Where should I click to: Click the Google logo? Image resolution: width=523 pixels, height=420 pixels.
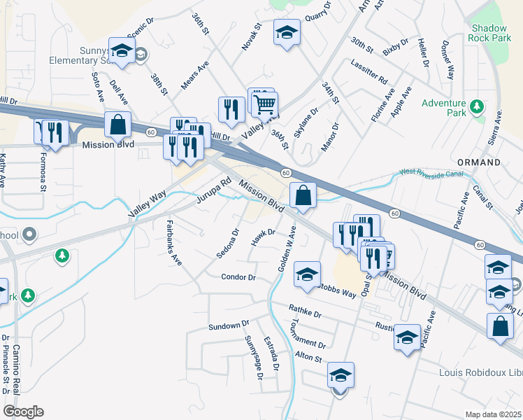pyautogui.click(x=23, y=412)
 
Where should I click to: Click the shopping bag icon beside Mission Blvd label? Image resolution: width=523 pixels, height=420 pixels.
pyautogui.click(x=118, y=125)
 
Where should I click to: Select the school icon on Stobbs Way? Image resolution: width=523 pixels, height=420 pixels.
pyautogui.click(x=307, y=274)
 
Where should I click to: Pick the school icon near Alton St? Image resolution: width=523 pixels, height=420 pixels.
pyautogui.click(x=341, y=374)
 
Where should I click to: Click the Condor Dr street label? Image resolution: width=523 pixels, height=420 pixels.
pyautogui.click(x=238, y=277)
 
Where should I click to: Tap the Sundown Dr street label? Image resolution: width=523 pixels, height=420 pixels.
pyautogui.click(x=229, y=325)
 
